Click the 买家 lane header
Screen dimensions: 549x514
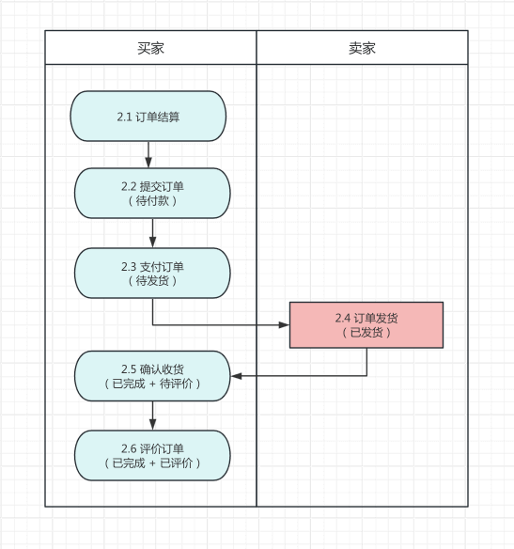[x=150, y=48]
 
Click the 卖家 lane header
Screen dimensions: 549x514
[x=362, y=48]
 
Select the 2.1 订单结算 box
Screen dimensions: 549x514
[x=148, y=117]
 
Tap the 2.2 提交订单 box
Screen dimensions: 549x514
[x=152, y=193]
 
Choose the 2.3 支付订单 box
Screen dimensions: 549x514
[x=152, y=273]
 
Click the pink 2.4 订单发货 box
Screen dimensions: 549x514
[x=366, y=325]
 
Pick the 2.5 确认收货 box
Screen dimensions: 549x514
[x=152, y=376]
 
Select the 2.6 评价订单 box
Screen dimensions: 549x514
[x=152, y=455]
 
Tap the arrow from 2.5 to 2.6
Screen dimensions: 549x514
[x=152, y=416]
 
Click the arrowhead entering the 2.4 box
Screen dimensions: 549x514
[x=284, y=325]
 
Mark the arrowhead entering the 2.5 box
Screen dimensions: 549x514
[x=236, y=376]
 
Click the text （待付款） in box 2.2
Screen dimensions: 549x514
[x=152, y=200]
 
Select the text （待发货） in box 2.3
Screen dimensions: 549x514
[x=152, y=280]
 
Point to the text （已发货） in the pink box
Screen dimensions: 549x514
[x=366, y=333]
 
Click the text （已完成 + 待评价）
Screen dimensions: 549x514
[x=152, y=384]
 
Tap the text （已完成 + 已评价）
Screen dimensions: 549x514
[x=152, y=463]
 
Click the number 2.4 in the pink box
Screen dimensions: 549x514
[x=343, y=318]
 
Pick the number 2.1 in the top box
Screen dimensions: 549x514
[x=125, y=117]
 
